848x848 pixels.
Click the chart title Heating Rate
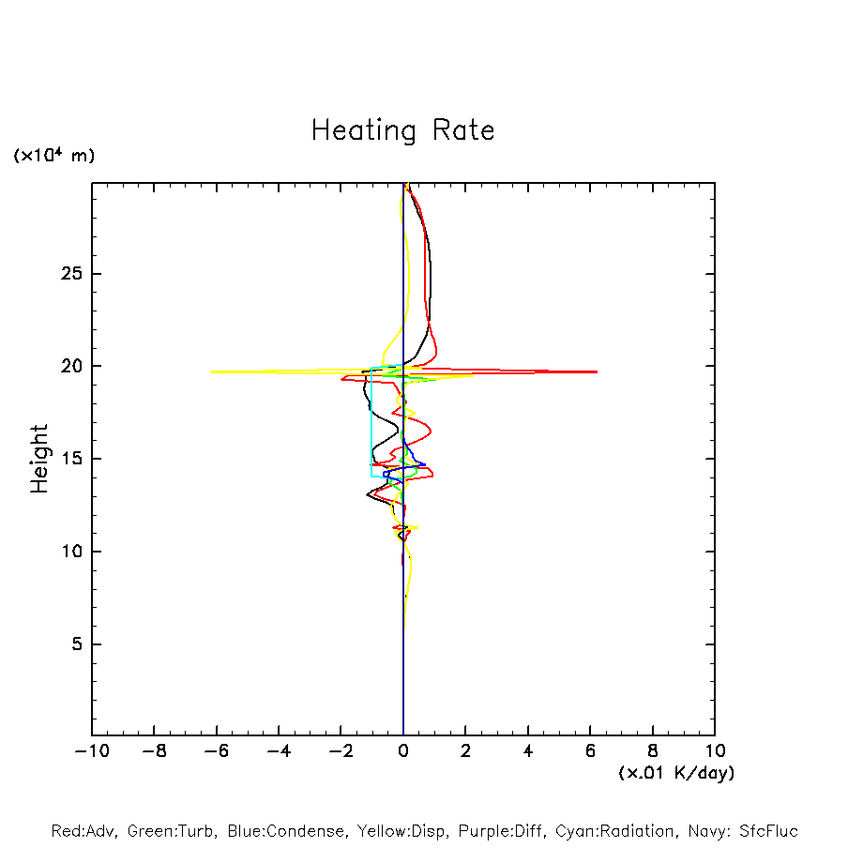click(x=402, y=130)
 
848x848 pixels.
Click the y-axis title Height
click(x=39, y=459)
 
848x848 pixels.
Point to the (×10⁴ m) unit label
click(x=53, y=156)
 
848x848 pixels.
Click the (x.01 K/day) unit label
click(x=675, y=773)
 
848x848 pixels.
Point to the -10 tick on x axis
click(x=91, y=750)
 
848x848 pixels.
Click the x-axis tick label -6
click(x=216, y=750)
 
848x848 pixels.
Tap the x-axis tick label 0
click(x=403, y=750)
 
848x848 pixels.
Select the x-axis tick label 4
click(x=528, y=750)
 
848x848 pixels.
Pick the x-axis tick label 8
click(x=653, y=750)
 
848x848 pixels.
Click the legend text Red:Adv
click(x=82, y=831)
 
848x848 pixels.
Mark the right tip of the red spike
click(x=597, y=372)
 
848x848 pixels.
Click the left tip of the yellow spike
click(x=211, y=372)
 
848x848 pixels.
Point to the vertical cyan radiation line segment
click(x=371, y=422)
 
